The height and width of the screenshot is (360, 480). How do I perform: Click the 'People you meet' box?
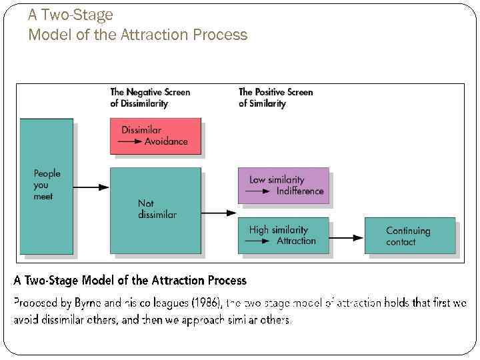46,185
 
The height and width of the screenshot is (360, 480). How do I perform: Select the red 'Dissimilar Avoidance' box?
155,136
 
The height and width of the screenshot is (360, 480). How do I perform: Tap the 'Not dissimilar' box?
155,209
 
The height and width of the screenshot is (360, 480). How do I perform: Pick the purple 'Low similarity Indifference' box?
283,185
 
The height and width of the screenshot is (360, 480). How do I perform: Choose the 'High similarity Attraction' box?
283,235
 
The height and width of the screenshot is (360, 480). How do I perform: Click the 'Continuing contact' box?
409,235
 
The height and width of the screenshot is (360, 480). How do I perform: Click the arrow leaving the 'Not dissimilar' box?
219,213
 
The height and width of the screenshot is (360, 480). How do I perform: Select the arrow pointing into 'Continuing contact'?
347,236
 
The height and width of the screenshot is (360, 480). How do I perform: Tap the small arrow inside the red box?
131,142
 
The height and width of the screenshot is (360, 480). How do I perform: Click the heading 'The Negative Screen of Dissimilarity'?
150,97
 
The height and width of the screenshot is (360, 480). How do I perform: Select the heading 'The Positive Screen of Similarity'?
275,97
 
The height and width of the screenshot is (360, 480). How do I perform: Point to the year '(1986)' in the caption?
206,303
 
